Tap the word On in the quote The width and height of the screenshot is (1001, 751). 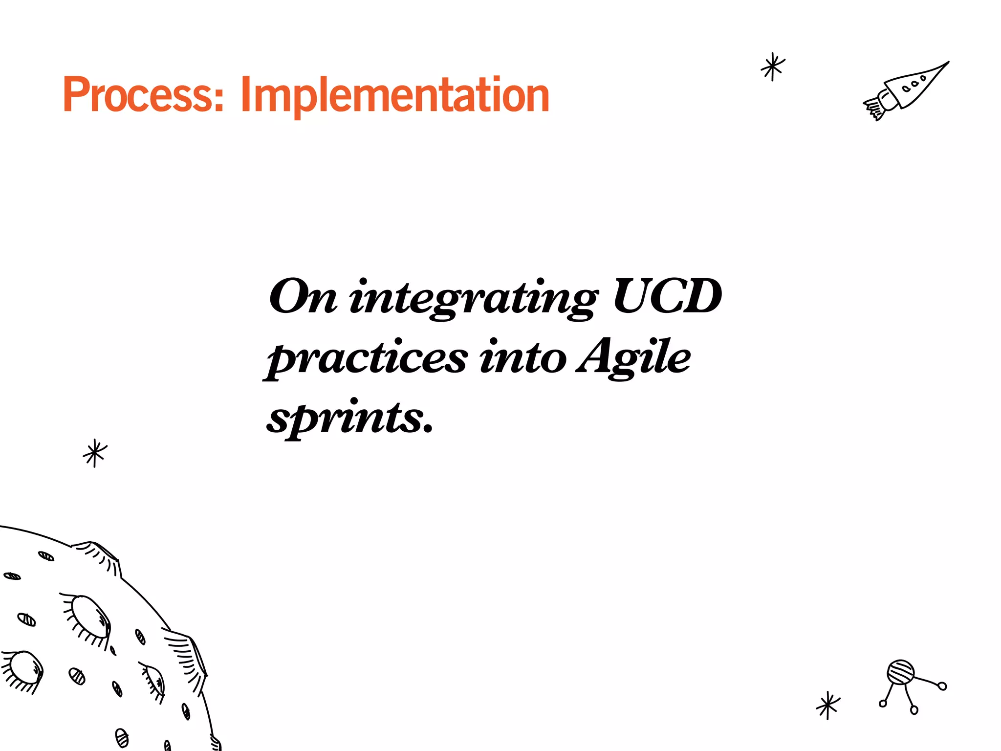click(303, 297)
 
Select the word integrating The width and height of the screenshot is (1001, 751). click(473, 298)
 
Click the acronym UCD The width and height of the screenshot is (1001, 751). click(667, 297)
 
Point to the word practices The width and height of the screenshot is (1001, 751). click(367, 359)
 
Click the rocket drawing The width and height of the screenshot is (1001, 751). click(907, 90)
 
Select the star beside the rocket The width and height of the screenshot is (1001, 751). click(773, 67)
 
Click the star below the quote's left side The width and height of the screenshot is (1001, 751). click(95, 453)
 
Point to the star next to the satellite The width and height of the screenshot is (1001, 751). click(828, 705)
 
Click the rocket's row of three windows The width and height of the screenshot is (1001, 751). click(914, 84)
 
